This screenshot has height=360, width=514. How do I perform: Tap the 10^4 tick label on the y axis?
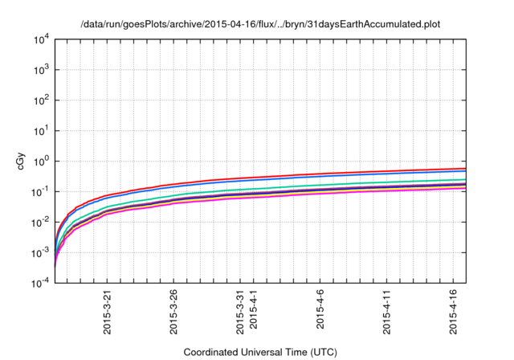41,39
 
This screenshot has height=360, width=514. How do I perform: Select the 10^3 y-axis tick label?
41,69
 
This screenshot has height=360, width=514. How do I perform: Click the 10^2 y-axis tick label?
41,100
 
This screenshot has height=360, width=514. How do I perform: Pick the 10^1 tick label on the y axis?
41,130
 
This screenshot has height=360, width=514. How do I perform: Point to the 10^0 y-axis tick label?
41,161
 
